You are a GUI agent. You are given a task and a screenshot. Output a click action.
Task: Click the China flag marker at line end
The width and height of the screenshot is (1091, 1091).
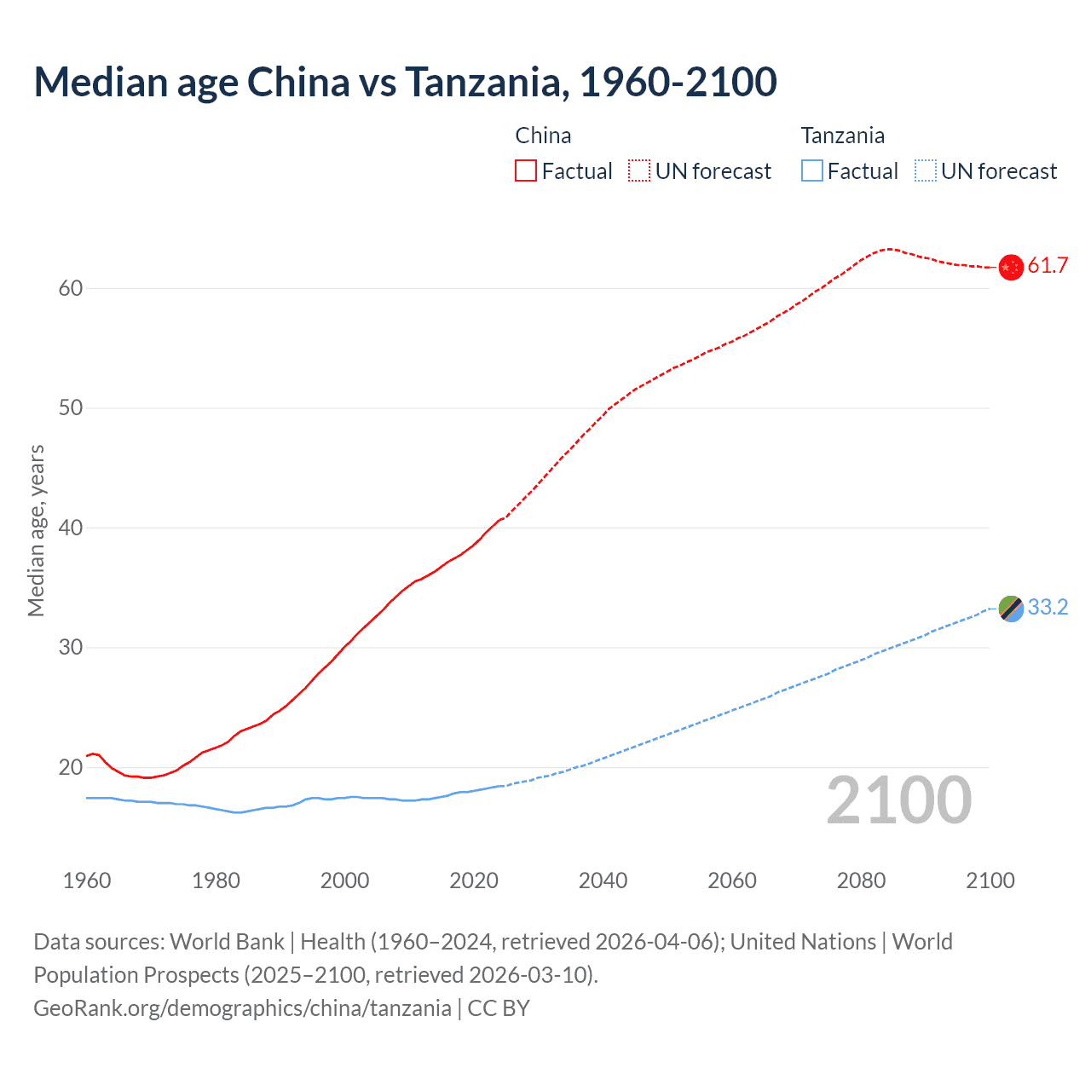[x=1011, y=267]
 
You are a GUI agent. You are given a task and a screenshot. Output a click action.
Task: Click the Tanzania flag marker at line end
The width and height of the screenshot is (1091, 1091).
[x=1011, y=609]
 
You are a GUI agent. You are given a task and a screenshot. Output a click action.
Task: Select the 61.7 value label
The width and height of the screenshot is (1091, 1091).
[x=1048, y=266]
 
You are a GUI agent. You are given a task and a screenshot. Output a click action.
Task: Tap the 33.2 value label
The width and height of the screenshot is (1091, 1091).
[x=1048, y=608]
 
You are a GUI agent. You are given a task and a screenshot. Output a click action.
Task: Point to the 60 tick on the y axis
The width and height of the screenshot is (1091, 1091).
[x=71, y=289]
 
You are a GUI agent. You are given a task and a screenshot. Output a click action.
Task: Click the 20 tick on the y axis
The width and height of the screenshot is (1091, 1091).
[x=71, y=768]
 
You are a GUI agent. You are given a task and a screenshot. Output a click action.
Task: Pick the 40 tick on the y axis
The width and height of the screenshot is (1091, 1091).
[x=71, y=528]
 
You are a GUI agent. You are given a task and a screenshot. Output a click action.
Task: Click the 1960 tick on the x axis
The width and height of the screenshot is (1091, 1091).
[x=87, y=880]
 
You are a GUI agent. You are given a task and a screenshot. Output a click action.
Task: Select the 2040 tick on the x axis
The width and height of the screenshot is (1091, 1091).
[x=603, y=880]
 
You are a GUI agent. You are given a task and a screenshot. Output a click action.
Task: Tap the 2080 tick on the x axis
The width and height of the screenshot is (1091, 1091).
[x=861, y=880]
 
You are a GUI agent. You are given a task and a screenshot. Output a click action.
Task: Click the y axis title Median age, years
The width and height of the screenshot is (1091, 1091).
[x=36, y=530]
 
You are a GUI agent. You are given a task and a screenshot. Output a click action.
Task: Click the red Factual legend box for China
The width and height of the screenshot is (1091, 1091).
[x=526, y=171]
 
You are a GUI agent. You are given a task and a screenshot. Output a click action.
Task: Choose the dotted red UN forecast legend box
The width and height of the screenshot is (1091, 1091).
[x=639, y=171]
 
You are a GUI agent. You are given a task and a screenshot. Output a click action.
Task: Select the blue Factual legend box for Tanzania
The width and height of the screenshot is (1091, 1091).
[x=812, y=171]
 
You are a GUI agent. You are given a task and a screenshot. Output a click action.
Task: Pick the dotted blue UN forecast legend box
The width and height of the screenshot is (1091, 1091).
[x=926, y=171]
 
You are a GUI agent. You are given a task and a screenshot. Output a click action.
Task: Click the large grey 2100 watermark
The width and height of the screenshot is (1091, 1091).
[x=899, y=799]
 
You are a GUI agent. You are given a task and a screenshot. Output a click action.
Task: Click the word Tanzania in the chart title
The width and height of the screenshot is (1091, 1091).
[x=482, y=82]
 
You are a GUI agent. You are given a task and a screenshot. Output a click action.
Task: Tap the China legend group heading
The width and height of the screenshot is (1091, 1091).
[x=543, y=136]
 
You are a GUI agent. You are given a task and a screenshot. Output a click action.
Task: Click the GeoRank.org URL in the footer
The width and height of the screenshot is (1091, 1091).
[x=242, y=1008]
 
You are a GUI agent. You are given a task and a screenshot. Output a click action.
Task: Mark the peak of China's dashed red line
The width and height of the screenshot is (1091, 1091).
[x=888, y=249]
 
